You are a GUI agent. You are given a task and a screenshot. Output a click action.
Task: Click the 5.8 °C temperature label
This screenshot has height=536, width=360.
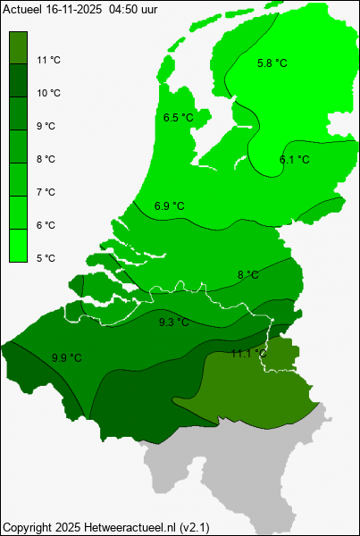coord(272,63)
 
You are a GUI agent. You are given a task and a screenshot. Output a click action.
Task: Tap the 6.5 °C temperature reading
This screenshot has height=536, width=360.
coord(179,118)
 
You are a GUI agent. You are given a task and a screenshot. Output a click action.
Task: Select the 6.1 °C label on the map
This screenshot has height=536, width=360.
coord(294,160)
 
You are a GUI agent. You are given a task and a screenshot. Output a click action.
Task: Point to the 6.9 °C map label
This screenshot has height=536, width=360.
coord(169,206)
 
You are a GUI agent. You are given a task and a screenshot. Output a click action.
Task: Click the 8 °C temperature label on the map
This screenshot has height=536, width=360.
coord(248,274)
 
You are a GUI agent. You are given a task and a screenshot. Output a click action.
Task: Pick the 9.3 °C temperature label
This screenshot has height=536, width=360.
coord(174,322)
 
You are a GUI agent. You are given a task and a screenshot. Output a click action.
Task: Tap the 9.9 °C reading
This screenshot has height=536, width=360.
coord(67,358)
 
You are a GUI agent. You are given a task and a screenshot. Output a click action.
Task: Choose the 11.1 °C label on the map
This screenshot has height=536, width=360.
coord(248,354)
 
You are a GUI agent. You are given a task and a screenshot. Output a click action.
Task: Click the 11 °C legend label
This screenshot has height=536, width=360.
coord(49,60)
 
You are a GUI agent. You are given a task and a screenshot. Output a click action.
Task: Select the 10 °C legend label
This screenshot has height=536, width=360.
coord(49,93)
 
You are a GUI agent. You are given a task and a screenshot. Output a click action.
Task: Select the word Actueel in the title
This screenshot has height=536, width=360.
coord(21,7)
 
